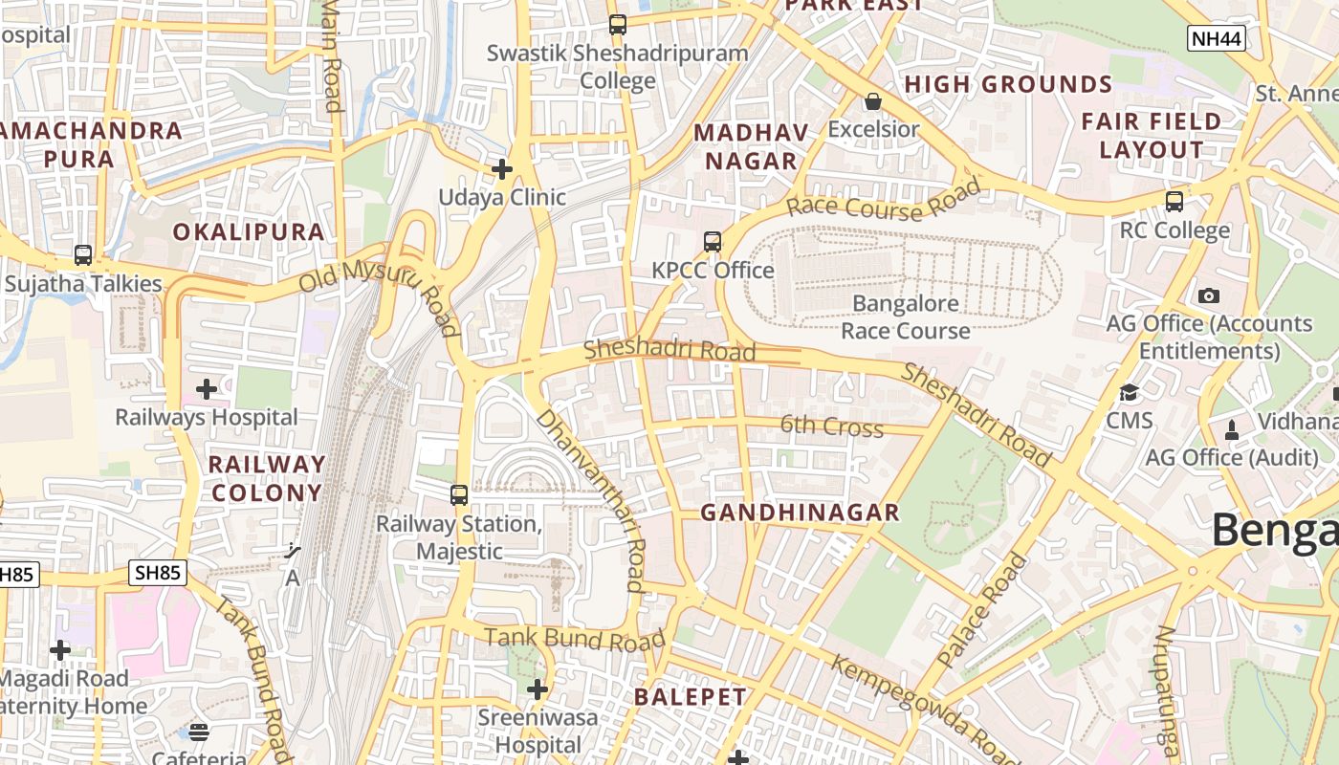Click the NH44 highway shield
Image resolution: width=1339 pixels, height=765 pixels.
1217,38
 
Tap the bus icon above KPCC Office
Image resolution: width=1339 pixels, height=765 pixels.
713,242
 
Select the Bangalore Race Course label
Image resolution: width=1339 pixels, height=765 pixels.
906,317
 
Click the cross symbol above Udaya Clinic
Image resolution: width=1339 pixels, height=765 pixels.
502,169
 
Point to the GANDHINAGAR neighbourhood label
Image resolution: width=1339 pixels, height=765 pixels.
800,513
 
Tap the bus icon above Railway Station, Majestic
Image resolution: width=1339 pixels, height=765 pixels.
459,495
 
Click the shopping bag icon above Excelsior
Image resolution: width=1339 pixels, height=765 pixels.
872,100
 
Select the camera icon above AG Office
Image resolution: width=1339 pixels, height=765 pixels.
1209,295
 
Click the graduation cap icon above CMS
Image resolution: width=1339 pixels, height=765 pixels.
1130,393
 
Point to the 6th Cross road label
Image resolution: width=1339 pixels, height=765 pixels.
831,426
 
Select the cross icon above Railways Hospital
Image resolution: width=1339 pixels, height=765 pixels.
206,389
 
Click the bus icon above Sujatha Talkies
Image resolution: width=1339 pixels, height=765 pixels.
83,255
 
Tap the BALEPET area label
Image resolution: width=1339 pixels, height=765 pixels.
690,697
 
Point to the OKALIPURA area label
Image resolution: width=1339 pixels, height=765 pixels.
249,232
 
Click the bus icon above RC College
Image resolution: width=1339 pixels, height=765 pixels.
1174,202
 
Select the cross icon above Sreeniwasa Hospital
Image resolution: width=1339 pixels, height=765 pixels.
538,688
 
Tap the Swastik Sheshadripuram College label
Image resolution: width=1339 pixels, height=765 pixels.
617,66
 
